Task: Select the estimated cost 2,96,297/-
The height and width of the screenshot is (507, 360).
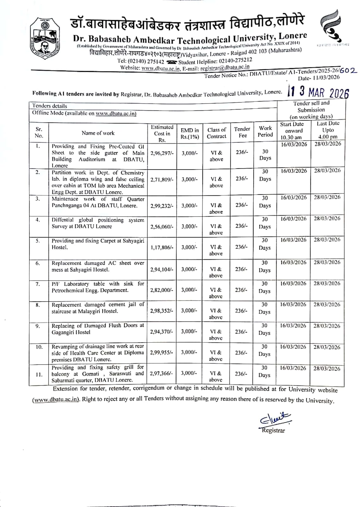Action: pyautogui.click(x=162, y=153)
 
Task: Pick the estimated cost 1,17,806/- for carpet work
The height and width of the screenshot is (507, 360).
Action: pyautogui.click(x=162, y=247)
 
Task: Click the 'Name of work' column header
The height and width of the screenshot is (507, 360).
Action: pyautogui.click(x=98, y=133)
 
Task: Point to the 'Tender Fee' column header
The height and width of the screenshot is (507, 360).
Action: pyautogui.click(x=242, y=132)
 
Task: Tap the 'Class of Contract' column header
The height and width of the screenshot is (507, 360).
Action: pyautogui.click(x=217, y=133)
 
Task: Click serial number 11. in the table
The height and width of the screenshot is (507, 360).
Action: pyautogui.click(x=39, y=375)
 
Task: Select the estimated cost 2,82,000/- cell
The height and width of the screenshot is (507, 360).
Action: pyautogui.click(x=162, y=290)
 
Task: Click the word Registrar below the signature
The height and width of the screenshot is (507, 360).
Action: pyautogui.click(x=273, y=430)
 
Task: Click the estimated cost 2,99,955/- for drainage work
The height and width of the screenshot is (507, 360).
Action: pyautogui.click(x=162, y=352)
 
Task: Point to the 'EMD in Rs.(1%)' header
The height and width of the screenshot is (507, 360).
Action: pyautogui.click(x=190, y=133)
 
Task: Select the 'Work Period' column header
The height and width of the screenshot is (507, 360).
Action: pyautogui.click(x=265, y=132)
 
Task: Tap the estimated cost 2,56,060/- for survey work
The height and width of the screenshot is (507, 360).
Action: pyautogui.click(x=162, y=227)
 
